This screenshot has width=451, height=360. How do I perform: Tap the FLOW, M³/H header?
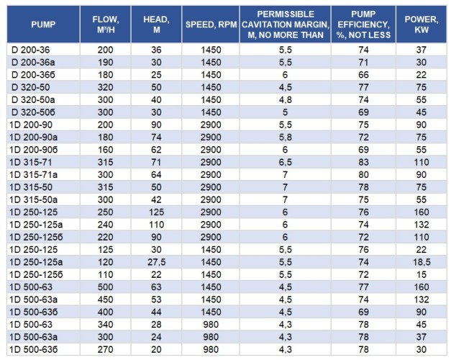tap(111, 24)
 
